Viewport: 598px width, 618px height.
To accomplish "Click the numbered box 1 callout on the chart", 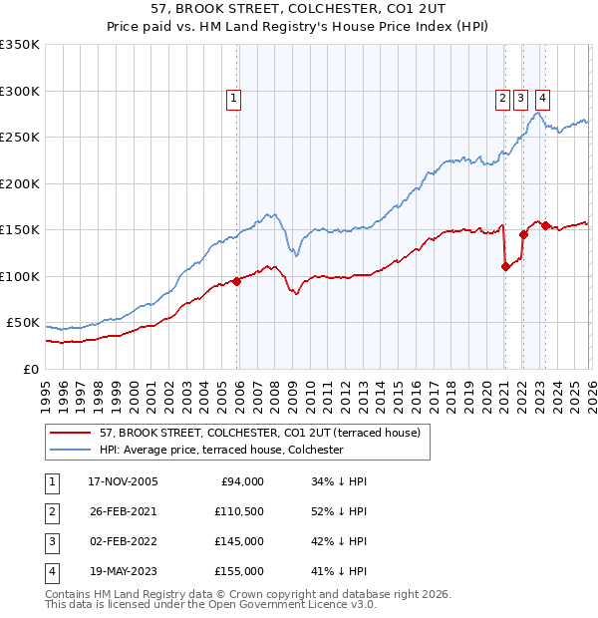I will point(232,98).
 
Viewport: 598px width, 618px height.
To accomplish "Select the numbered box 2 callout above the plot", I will point(502,98).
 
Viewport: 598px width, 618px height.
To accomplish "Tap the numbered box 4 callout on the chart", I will point(542,98).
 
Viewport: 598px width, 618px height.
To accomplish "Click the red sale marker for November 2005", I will point(237,281).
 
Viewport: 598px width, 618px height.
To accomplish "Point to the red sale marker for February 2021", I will point(505,266).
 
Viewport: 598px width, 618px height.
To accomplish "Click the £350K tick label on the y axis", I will point(20,45).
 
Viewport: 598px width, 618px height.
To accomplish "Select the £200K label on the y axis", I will point(20,183).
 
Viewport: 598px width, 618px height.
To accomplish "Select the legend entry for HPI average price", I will point(221,451).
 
